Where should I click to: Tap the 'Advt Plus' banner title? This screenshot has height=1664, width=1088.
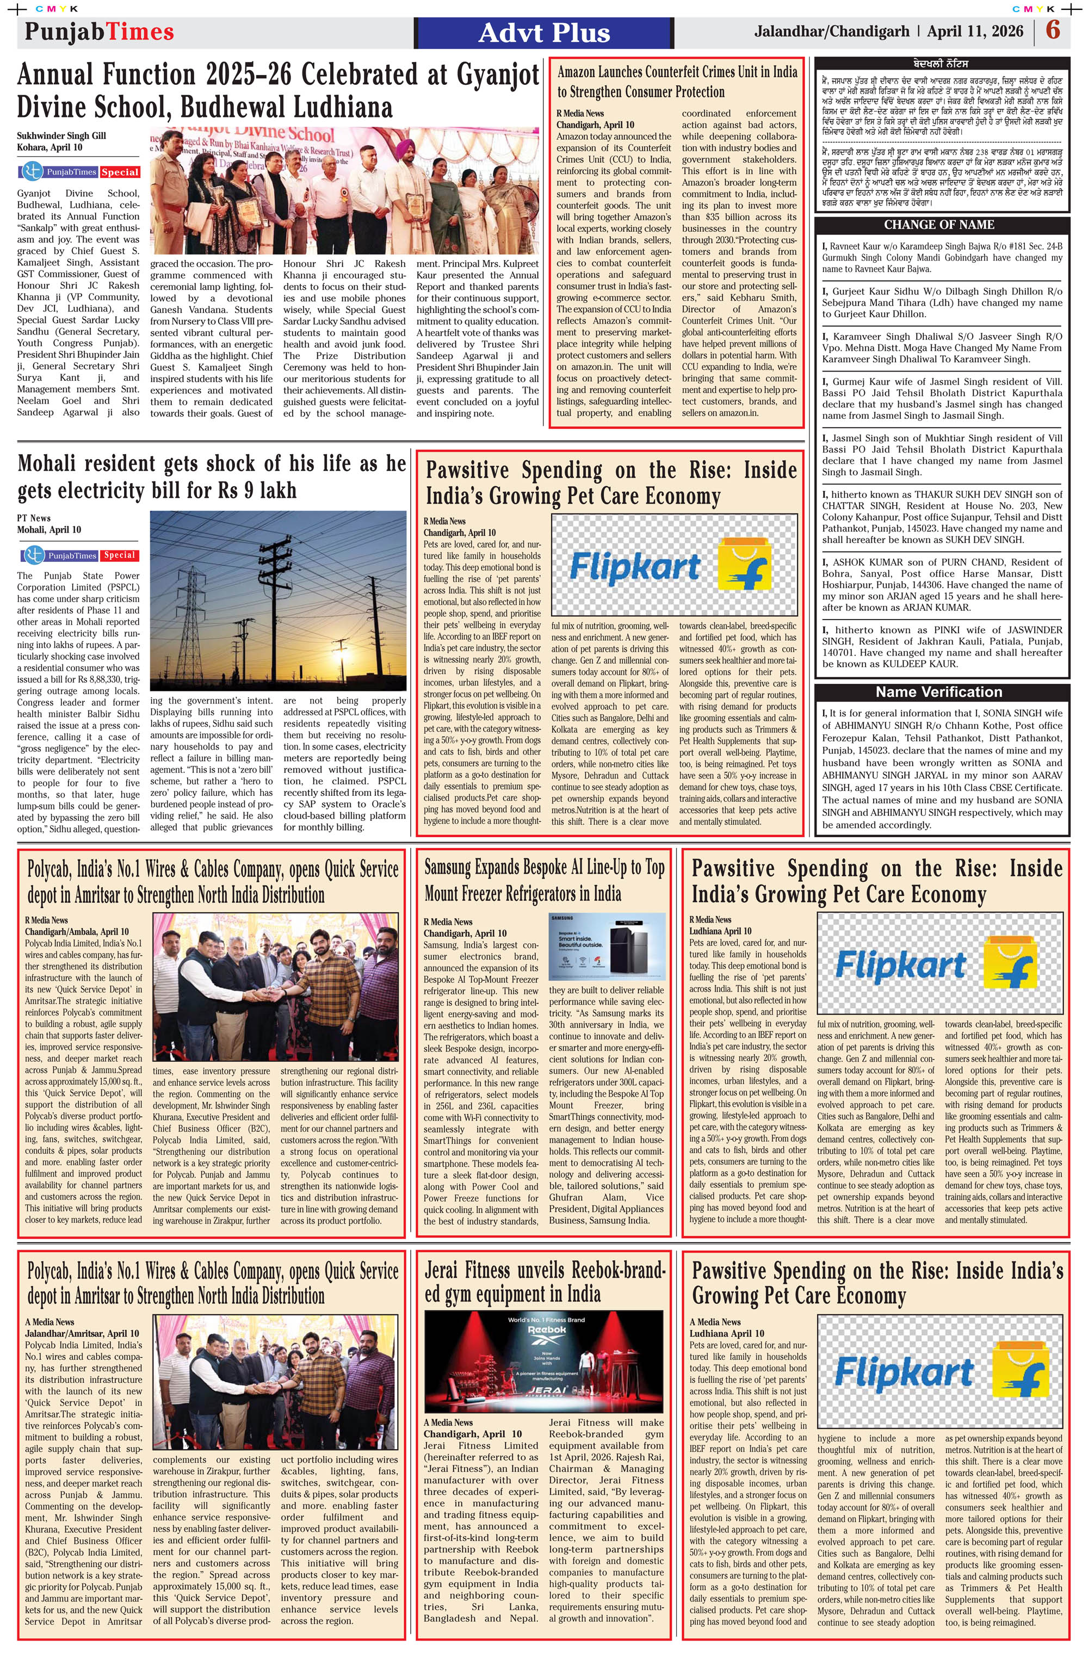coord(544,33)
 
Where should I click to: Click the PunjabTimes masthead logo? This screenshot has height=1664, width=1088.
coord(100,32)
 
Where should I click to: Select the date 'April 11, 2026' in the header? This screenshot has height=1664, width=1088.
coord(975,32)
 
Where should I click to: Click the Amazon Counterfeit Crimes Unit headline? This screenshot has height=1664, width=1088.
coord(676,82)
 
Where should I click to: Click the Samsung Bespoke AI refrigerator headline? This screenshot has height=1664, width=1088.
coord(544,880)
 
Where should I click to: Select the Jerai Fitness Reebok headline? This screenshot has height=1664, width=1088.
coord(544,1282)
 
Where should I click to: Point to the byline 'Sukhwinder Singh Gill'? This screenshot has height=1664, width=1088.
coord(61,135)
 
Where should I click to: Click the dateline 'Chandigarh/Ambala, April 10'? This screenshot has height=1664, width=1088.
coord(77,931)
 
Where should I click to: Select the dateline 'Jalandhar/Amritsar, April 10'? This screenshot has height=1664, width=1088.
coord(82,1333)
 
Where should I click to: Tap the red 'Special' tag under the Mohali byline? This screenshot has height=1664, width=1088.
coord(120,555)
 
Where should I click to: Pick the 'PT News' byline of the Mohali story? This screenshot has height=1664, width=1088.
coord(34,518)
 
